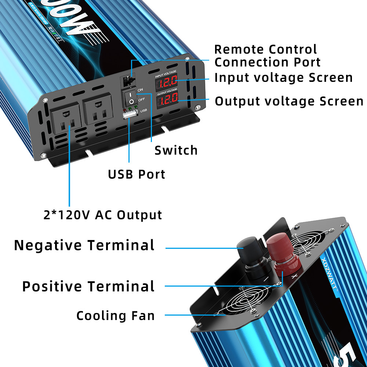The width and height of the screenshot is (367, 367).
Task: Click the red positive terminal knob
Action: point(279,249)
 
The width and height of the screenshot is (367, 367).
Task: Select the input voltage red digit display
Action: point(167,82)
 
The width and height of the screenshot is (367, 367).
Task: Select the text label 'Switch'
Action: point(176,150)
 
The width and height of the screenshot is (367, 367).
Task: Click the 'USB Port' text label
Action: point(137,174)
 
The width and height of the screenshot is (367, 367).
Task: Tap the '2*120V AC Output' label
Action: point(103,215)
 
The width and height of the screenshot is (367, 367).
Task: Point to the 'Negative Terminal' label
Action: point(84,245)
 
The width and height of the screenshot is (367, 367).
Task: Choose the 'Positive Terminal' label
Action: point(88,286)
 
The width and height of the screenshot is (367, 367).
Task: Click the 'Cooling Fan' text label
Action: point(116,316)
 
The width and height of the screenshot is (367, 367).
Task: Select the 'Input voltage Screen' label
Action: point(283,78)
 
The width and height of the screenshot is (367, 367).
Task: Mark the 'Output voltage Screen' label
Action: point(289,101)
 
